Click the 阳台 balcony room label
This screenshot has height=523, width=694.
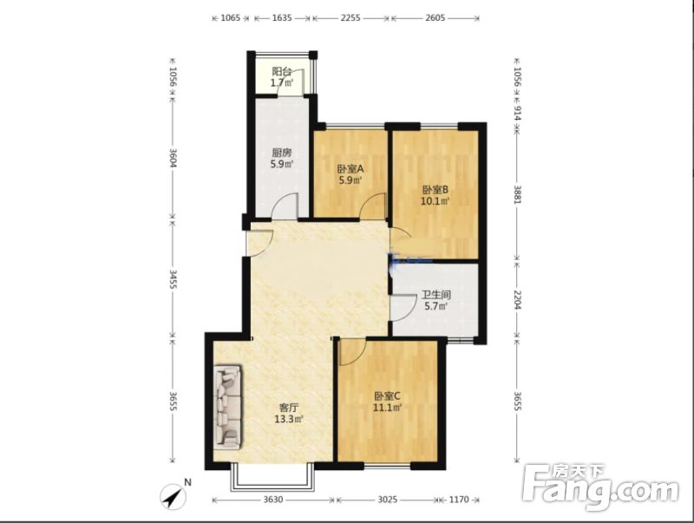pyautogui.click(x=281, y=71)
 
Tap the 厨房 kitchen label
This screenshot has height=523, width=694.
pyautogui.click(x=281, y=154)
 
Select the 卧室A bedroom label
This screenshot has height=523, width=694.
pyautogui.click(x=350, y=168)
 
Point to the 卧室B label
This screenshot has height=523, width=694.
pyautogui.click(x=435, y=190)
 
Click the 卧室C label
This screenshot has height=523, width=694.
pyautogui.click(x=387, y=396)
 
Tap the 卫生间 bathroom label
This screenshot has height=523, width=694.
pyautogui.click(x=436, y=294)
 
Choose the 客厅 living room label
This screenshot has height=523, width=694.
pyautogui.click(x=289, y=407)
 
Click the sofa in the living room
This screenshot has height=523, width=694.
pyautogui.click(x=228, y=407)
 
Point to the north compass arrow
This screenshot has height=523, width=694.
pyautogui.click(x=173, y=496)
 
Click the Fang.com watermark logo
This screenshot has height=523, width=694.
pyautogui.click(x=599, y=487)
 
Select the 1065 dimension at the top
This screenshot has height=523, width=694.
pyautogui.click(x=230, y=18)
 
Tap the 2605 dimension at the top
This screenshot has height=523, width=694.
pyautogui.click(x=435, y=18)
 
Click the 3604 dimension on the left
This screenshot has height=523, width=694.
pyautogui.click(x=173, y=158)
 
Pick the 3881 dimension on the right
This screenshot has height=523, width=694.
pyautogui.click(x=517, y=193)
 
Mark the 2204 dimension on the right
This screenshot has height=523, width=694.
pyautogui.click(x=517, y=299)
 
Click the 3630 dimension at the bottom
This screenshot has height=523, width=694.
pyautogui.click(x=272, y=500)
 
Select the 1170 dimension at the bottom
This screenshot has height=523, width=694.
pyautogui.click(x=459, y=500)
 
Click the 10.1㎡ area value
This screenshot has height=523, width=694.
pyautogui.click(x=435, y=201)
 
